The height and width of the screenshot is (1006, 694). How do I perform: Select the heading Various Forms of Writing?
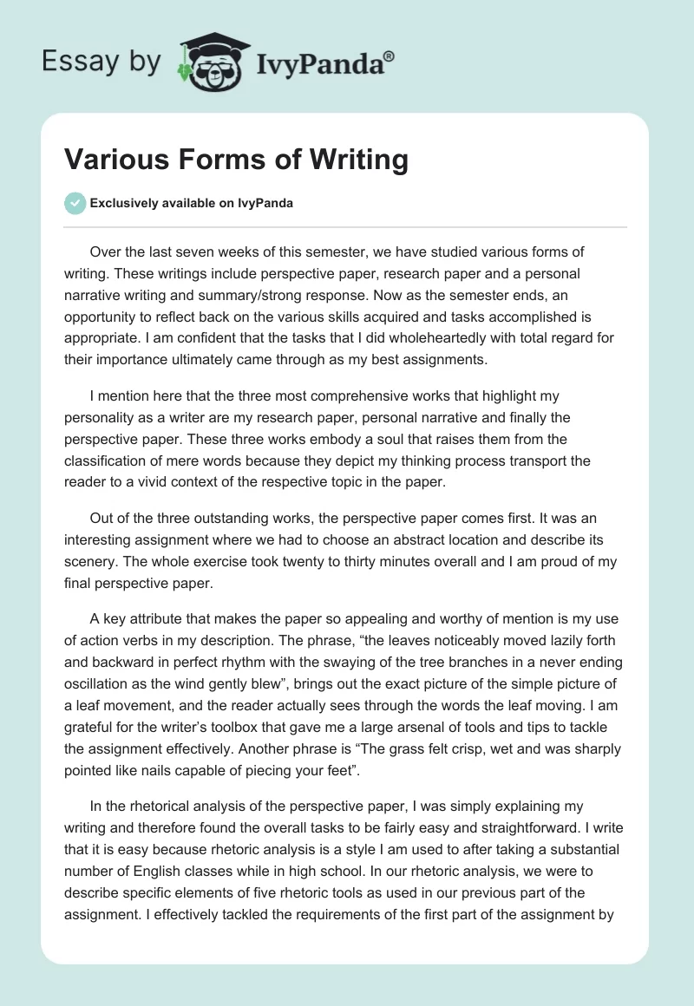(x=236, y=160)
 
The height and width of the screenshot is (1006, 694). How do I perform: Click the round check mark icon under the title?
(x=75, y=203)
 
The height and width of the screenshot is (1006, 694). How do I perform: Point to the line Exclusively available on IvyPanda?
(x=192, y=203)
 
